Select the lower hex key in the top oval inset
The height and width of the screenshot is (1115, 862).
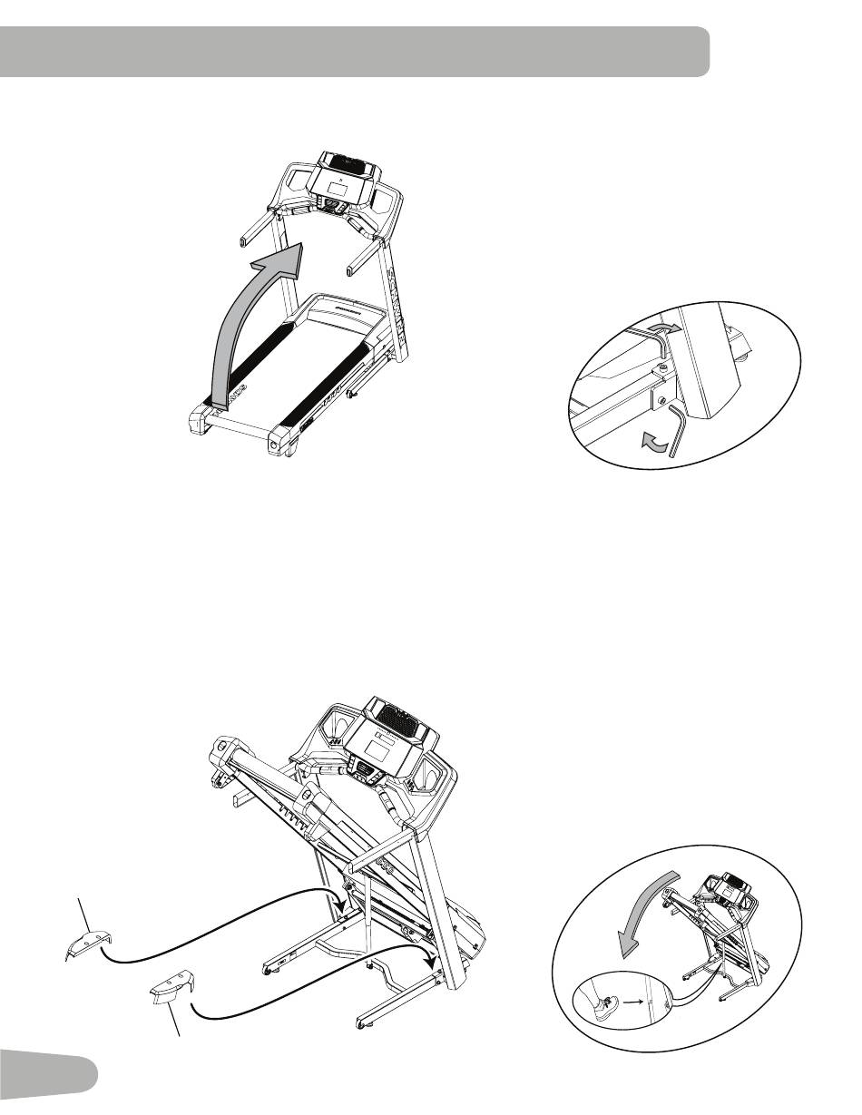click(x=677, y=431)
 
